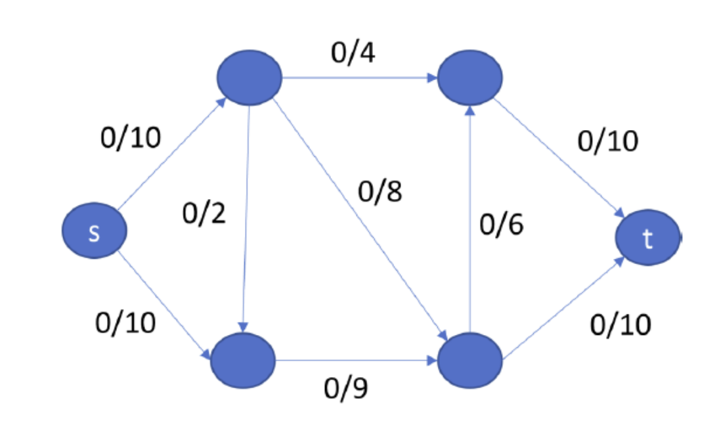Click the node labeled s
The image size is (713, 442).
point(94,232)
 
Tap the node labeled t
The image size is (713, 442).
point(647,240)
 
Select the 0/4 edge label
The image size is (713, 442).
point(353,53)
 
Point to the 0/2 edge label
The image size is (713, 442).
point(204,214)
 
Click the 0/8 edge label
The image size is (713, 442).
point(380,192)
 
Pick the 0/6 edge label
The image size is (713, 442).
point(502,225)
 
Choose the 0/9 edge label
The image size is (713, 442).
point(346,389)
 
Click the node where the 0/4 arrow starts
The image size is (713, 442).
point(249,77)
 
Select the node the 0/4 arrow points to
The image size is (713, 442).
point(470,77)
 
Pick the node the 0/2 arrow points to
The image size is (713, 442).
point(243,361)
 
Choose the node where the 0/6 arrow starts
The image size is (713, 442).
point(470,361)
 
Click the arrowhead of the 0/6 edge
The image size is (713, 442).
point(470,110)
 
